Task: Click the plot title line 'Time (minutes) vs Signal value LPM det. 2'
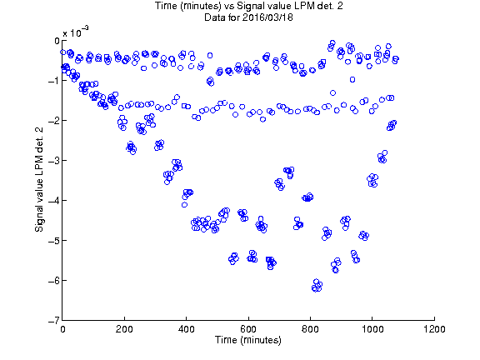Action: pos(248,6)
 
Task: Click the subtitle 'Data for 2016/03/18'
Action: pos(248,17)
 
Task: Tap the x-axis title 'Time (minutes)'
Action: pos(248,340)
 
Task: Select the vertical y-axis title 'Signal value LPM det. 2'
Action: pos(39,180)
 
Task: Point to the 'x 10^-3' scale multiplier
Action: pos(76,32)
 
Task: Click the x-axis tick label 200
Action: pos(124,329)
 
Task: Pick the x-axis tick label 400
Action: pos(186,329)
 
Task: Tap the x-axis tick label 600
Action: pos(248,329)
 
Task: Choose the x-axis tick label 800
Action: pos(310,329)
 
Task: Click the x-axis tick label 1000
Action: pos(372,329)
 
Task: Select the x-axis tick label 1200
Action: pos(434,329)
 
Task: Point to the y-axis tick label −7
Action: pos(54,321)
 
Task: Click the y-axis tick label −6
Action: pos(54,280)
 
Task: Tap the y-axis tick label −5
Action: pos(54,241)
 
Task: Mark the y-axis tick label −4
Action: pos(54,201)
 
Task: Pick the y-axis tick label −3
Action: pos(54,161)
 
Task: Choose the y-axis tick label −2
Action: pos(54,121)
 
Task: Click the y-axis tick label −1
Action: pos(54,81)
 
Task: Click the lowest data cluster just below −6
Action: pos(317,286)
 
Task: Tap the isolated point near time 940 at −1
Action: pos(352,80)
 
